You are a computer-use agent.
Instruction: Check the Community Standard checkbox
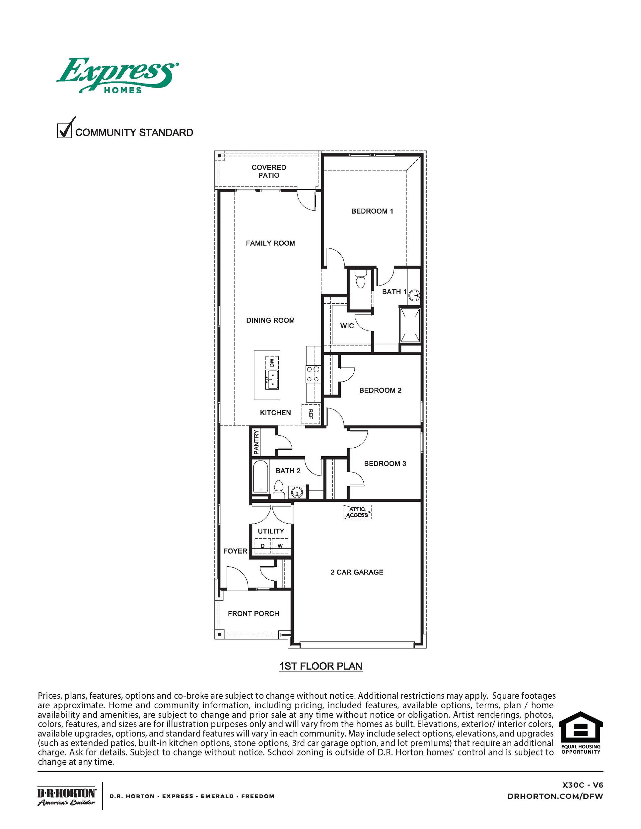64,131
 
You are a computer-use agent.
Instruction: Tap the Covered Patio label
268,171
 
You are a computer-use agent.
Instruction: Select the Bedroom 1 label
372,211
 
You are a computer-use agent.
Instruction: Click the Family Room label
270,243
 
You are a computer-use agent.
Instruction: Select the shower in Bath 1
410,325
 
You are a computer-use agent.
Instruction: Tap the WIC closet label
347,326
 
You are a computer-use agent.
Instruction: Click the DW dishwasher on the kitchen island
272,362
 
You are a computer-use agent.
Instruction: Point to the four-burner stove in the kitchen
313,374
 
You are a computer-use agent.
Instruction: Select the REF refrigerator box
310,414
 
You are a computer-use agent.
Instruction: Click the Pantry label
256,442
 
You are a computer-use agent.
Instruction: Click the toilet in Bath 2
279,488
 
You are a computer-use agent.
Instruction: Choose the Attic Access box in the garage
357,512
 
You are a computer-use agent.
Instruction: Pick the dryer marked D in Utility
262,546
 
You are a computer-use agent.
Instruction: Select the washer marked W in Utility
280,546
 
